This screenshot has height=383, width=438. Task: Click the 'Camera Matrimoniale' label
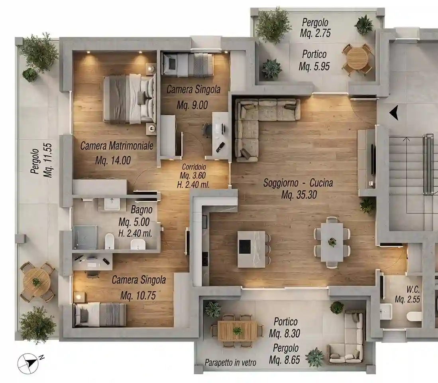tap(117, 146)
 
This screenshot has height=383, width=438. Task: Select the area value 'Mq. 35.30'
tap(299, 195)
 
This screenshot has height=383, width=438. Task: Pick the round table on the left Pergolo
tap(37, 282)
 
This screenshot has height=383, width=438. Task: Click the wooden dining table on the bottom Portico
tap(237, 331)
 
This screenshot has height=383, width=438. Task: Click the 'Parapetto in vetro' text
tap(230, 363)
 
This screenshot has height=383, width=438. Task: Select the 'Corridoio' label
tap(194, 167)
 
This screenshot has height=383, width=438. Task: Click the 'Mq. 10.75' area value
tap(138, 295)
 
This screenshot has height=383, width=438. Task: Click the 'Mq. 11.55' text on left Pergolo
tap(48, 160)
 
